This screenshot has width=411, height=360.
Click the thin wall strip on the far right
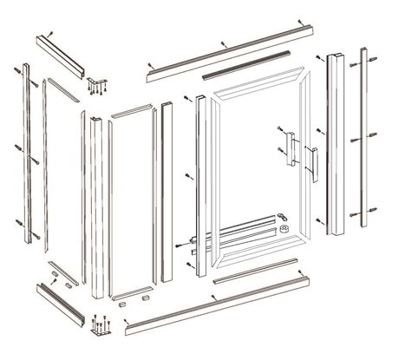point(359,139)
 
